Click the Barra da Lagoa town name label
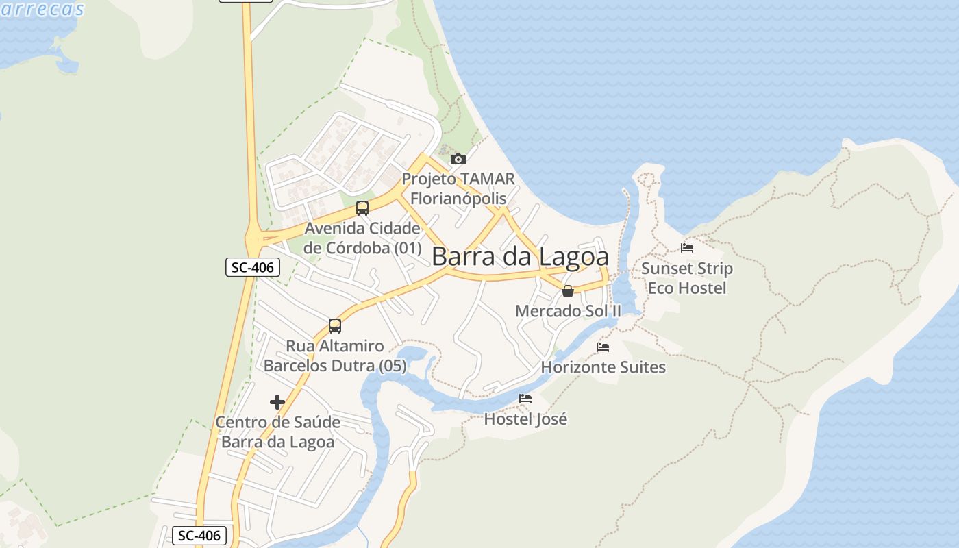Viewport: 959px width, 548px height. click(x=520, y=257)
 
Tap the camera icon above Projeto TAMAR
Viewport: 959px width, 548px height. click(x=458, y=160)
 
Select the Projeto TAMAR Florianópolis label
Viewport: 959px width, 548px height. click(x=458, y=188)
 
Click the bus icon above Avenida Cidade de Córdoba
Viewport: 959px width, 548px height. click(x=362, y=208)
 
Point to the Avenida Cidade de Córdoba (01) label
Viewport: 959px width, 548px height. click(x=362, y=238)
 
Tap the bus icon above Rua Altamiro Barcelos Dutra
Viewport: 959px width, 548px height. click(x=334, y=326)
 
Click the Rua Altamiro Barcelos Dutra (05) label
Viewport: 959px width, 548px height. click(x=335, y=356)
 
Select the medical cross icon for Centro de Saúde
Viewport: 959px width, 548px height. click(x=277, y=402)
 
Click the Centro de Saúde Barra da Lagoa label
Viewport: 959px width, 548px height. click(x=277, y=432)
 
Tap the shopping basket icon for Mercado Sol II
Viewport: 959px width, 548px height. click(x=567, y=291)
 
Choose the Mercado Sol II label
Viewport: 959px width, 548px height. click(x=568, y=311)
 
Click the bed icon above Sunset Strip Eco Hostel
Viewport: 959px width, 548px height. click(x=687, y=248)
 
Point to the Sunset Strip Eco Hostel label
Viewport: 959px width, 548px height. click(x=687, y=278)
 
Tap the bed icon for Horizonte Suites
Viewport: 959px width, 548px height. click(x=603, y=347)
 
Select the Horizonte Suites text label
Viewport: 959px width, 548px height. click(x=603, y=367)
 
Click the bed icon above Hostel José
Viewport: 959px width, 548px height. click(x=525, y=399)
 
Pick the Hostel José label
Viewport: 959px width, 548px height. click(x=525, y=419)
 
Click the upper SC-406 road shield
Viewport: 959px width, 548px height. click(x=253, y=267)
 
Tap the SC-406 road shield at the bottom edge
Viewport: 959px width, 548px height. click(x=199, y=536)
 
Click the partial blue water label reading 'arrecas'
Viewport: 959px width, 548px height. click(x=42, y=9)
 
